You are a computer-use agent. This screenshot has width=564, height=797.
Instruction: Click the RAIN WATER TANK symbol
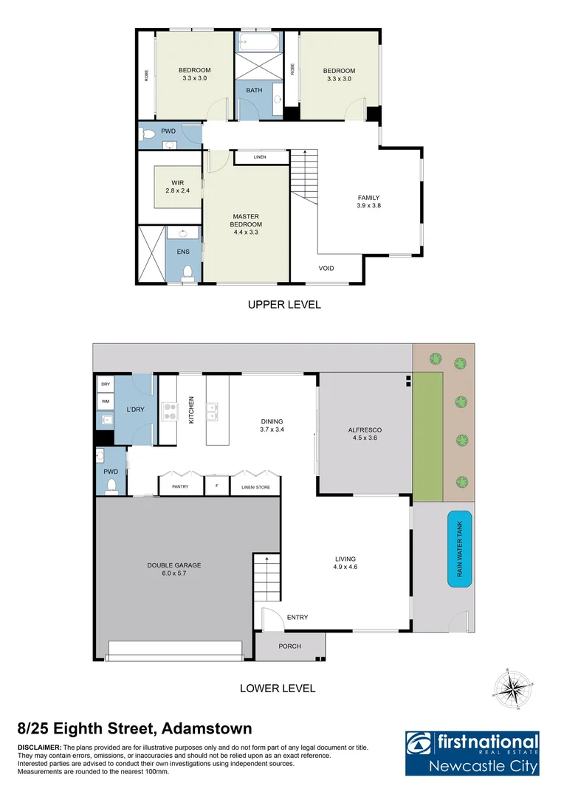(460, 549)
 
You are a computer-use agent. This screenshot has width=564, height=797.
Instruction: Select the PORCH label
(289, 646)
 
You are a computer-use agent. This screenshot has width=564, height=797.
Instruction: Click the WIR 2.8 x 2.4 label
(177, 187)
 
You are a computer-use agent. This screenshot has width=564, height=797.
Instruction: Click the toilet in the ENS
(187, 272)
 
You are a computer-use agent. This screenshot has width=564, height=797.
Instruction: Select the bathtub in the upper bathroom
(258, 41)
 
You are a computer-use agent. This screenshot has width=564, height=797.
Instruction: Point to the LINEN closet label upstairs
(259, 157)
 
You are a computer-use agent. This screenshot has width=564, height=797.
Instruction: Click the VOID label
(326, 268)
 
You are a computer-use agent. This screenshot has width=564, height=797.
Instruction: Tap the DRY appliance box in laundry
(104, 384)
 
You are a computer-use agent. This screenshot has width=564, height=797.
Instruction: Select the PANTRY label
(180, 486)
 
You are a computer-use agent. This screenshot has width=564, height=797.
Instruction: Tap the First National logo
(472, 753)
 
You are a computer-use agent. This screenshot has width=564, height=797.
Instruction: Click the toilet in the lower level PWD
(111, 485)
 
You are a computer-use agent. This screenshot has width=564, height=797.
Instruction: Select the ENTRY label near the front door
(298, 617)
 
